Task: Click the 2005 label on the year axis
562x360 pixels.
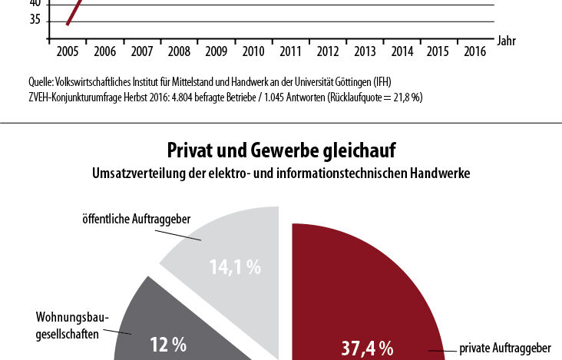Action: point(67,52)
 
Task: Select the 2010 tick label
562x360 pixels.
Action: point(253,52)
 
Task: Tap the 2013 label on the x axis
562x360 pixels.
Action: point(365,52)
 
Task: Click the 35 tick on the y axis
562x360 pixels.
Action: point(35,21)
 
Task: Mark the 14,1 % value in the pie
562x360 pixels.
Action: point(234,268)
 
